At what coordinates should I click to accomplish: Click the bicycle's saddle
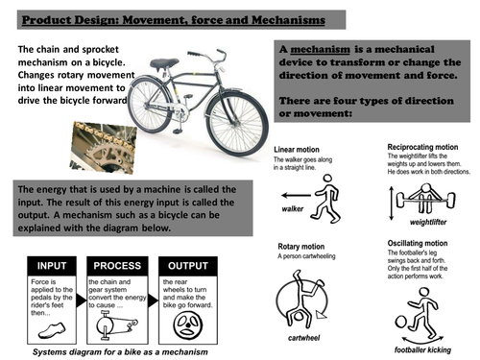pos(163,64)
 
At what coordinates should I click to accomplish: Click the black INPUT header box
pos(53,267)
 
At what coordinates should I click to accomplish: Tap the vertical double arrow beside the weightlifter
pos(387,206)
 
